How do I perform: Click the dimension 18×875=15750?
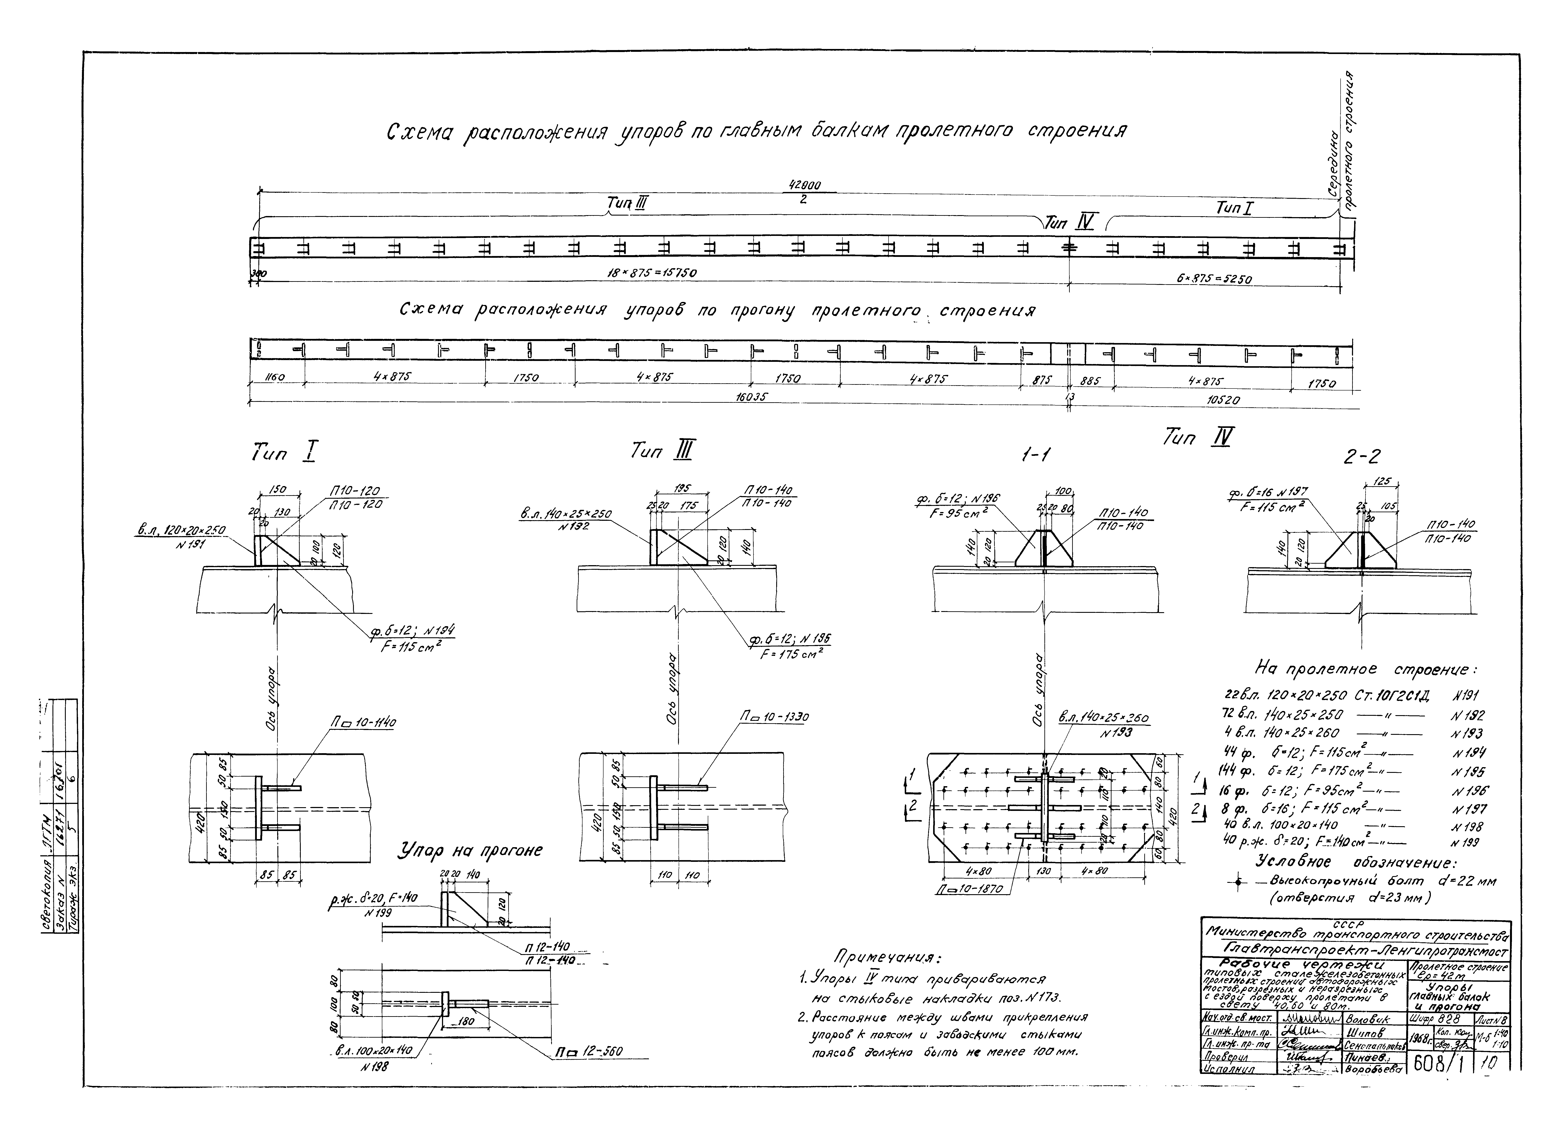tap(651, 273)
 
